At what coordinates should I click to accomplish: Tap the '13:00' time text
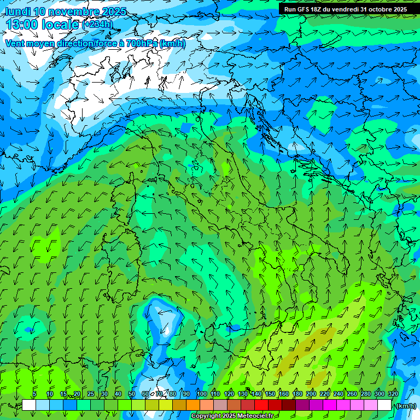[21, 25]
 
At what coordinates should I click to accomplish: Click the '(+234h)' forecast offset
[97, 24]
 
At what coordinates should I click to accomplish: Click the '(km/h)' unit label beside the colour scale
[405, 405]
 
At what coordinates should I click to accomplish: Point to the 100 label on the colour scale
[202, 394]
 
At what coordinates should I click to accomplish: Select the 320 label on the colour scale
[393, 394]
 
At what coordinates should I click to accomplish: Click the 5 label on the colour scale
[34, 394]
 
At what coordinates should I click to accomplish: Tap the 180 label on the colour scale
[297, 394]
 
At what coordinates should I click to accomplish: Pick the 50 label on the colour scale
[132, 394]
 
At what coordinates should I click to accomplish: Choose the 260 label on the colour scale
[352, 394]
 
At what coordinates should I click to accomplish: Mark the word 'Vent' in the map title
[15, 43]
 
